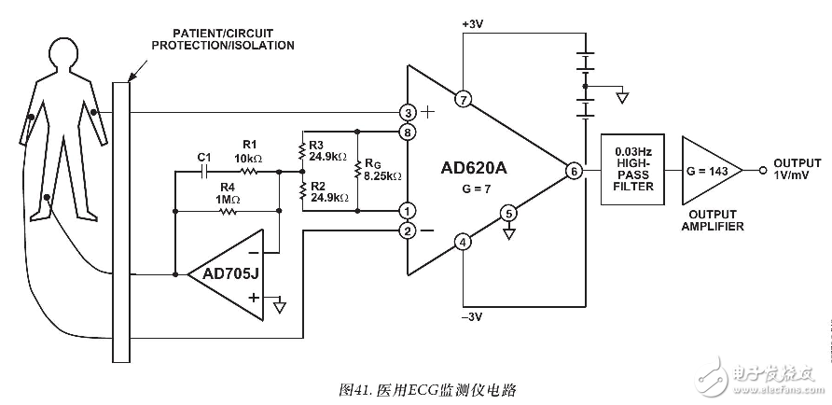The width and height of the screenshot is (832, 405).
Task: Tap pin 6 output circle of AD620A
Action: point(573,171)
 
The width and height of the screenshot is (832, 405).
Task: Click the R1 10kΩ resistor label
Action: point(249,150)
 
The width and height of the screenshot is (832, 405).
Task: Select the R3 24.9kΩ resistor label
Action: point(327,150)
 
